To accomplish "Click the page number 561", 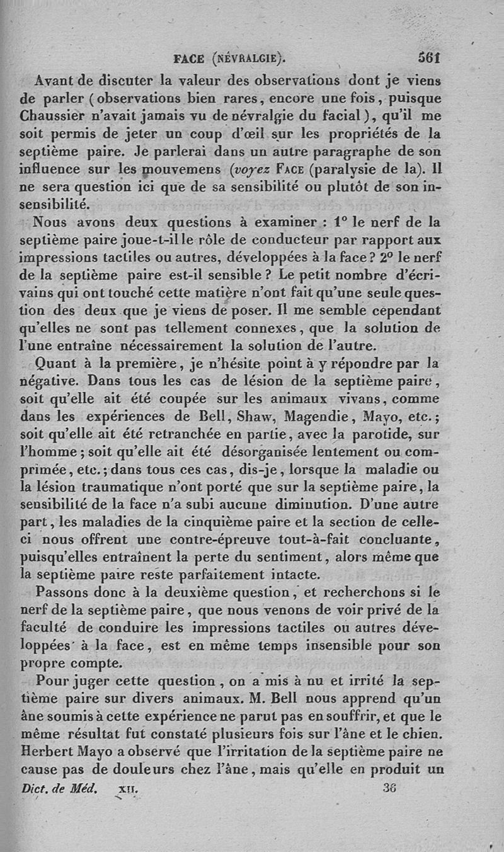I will [428, 59].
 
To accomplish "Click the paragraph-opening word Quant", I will [55, 363].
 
